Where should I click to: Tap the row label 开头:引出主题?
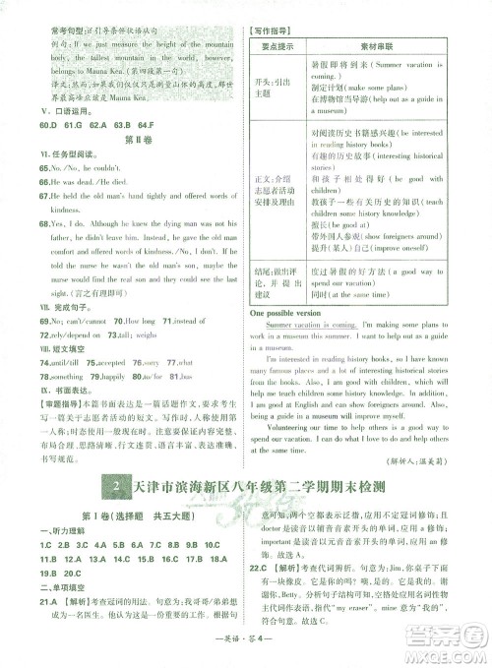click(x=284, y=87)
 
